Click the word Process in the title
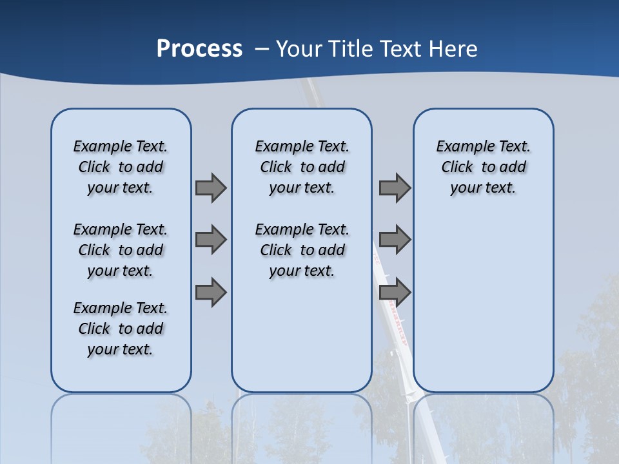click(199, 48)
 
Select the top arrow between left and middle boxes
click(211, 188)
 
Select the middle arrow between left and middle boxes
click(211, 240)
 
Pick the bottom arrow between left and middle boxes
click(211, 292)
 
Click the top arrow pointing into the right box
click(395, 188)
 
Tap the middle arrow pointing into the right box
click(395, 240)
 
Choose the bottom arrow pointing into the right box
click(395, 292)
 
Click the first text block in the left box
click(121, 167)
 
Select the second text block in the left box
click(121, 250)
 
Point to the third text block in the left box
click(121, 329)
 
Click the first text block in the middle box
click(302, 167)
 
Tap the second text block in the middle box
click(302, 250)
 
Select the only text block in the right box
click(483, 167)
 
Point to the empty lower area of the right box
click(483, 303)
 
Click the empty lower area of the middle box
click(302, 335)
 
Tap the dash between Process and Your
click(262, 48)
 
